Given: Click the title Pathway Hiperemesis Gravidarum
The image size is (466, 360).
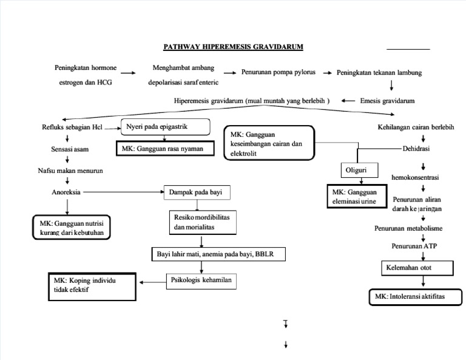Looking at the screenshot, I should pos(233,47).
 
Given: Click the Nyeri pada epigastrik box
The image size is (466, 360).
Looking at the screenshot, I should pos(166,127).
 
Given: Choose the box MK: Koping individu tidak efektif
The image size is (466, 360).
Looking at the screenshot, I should pos(91,286).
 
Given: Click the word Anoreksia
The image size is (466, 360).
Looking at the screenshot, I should pos(67,192).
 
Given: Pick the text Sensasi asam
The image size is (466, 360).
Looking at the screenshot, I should pos(67,148).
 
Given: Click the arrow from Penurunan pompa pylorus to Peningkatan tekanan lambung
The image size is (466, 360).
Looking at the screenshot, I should pos(326,73).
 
